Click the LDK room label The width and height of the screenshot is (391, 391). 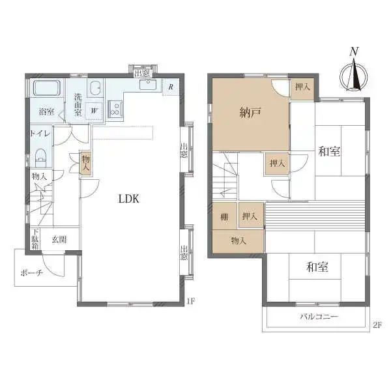[x=128, y=199]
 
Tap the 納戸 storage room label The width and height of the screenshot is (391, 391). [x=250, y=113]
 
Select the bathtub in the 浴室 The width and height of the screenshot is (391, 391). [x=47, y=88]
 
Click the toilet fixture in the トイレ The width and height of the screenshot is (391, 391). [x=41, y=158]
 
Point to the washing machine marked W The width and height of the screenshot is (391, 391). [x=94, y=111]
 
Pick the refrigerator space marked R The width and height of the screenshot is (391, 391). [x=171, y=87]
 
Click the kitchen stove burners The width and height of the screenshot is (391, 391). [x=115, y=109]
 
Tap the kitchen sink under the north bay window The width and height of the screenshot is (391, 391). [x=148, y=84]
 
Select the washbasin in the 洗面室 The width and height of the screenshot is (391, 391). [x=95, y=88]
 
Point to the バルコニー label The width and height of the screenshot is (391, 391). [x=319, y=317]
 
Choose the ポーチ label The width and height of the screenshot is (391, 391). [x=31, y=273]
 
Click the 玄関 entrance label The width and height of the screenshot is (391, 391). [x=59, y=239]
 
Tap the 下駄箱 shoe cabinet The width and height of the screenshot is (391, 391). [x=35, y=239]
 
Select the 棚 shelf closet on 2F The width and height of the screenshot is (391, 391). [x=224, y=216]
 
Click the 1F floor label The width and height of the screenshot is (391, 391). [x=190, y=301]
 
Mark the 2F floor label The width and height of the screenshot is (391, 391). [x=377, y=325]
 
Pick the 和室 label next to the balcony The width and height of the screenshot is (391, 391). [x=317, y=267]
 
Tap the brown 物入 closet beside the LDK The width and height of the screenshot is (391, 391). [x=85, y=163]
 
